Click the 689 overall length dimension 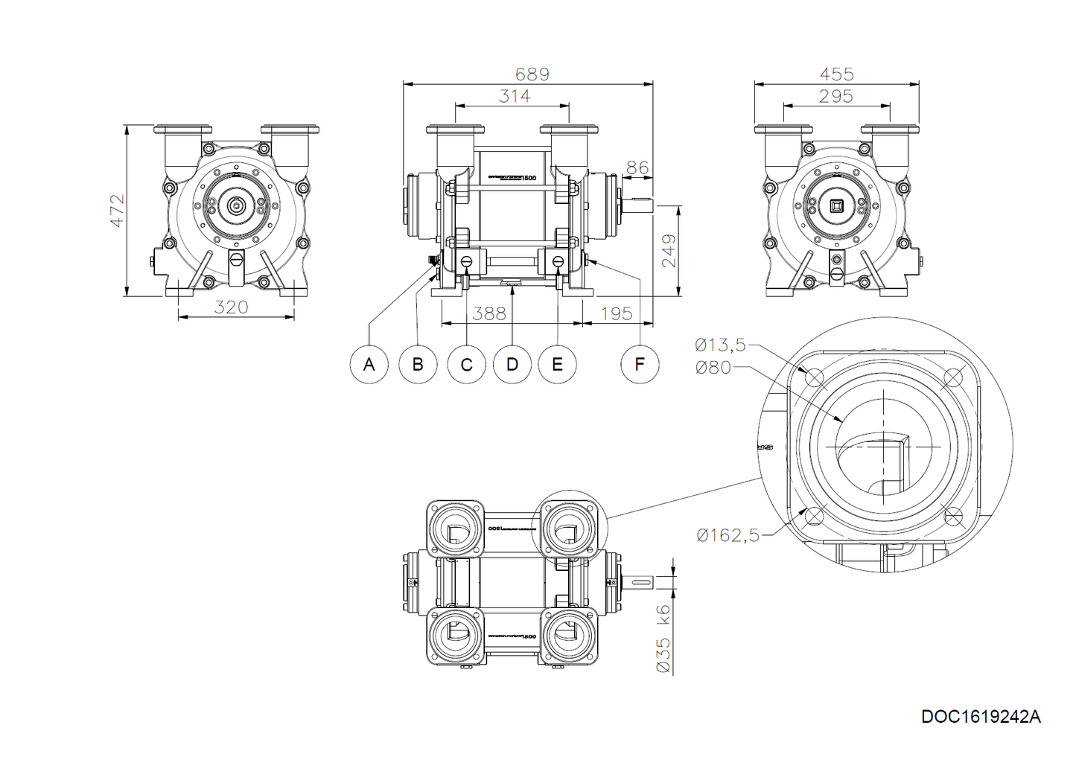click(532, 74)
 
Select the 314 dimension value click(515, 96)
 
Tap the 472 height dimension click(117, 211)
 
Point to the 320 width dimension click(231, 307)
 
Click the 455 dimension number click(836, 74)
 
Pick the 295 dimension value click(835, 96)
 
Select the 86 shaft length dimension click(637, 167)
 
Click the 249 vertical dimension click(669, 251)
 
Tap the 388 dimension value click(489, 313)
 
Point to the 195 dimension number click(616, 313)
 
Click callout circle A click(369, 364)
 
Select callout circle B click(418, 364)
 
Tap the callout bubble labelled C click(467, 364)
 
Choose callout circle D click(512, 364)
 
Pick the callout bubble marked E click(558, 364)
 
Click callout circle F click(640, 364)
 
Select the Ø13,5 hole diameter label click(720, 345)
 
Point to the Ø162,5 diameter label click(728, 534)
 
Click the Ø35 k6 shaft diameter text click(663, 639)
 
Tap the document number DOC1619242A click(981, 716)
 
